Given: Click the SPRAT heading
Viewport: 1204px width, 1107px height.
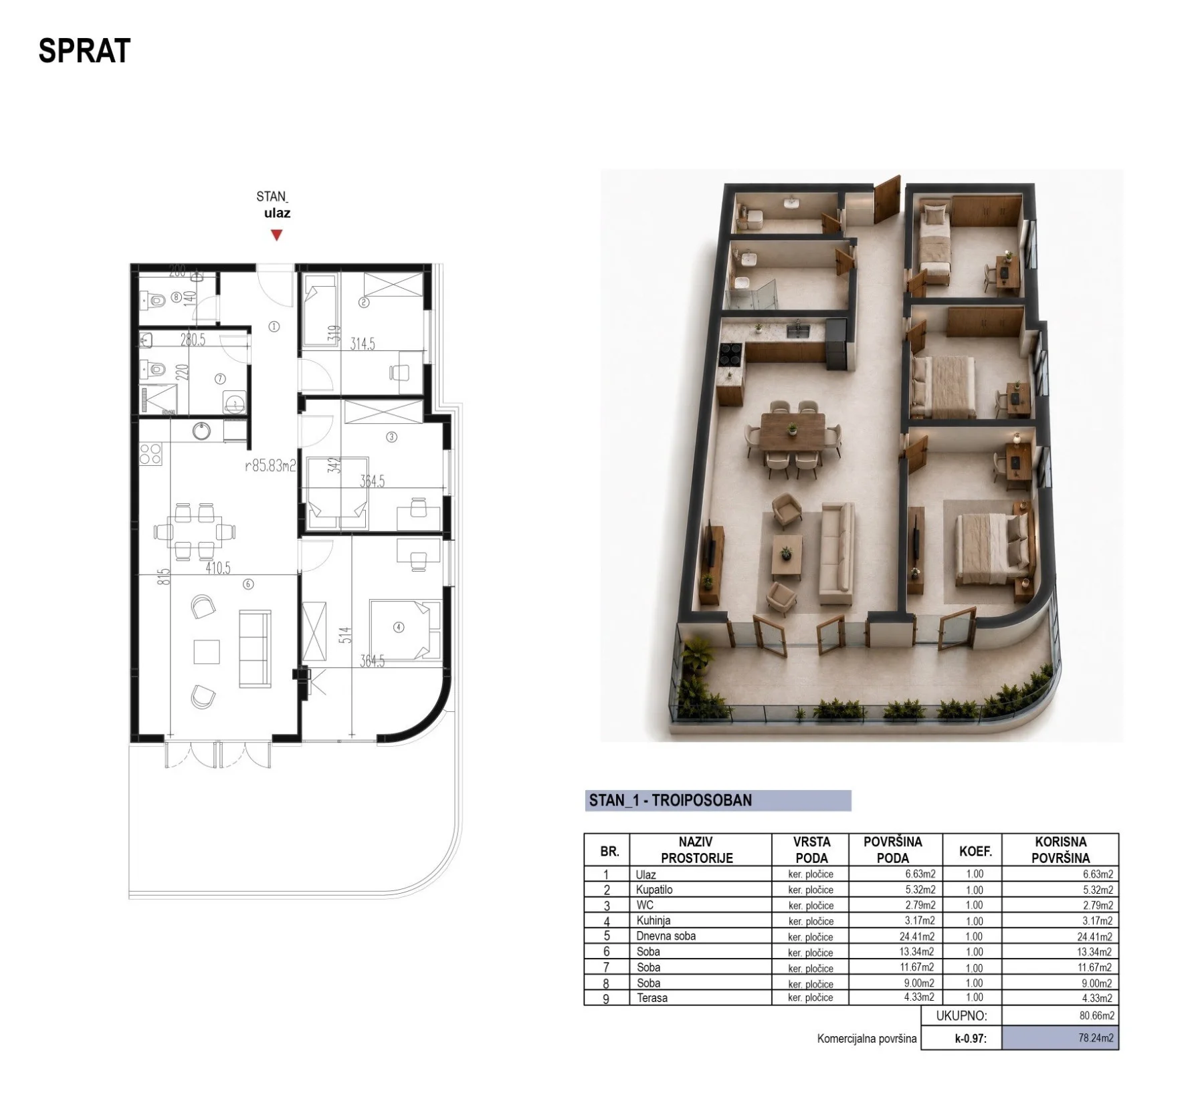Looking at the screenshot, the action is click(x=84, y=51).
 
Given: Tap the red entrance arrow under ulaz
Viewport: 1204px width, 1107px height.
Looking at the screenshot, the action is click(x=276, y=235).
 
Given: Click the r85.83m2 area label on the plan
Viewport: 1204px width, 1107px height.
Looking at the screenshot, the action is click(x=270, y=465).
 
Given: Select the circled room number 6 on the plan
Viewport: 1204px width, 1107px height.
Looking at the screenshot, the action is click(x=248, y=584).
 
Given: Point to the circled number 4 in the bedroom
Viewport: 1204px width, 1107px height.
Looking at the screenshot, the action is click(x=399, y=627).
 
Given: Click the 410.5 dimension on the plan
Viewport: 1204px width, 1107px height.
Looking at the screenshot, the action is click(x=218, y=568).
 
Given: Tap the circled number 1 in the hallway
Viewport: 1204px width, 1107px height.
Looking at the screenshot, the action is click(x=274, y=327).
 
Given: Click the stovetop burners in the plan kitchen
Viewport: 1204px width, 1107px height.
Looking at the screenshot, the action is click(x=150, y=454).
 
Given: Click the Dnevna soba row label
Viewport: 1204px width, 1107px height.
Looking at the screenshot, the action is click(x=666, y=936).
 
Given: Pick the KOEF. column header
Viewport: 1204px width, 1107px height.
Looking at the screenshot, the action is click(x=975, y=851).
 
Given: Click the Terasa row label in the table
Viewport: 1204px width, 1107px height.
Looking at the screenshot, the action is click(x=651, y=998).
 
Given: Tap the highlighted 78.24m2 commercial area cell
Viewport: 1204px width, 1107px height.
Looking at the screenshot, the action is click(x=1060, y=1038).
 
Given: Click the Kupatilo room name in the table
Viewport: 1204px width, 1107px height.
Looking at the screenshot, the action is click(x=654, y=890).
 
